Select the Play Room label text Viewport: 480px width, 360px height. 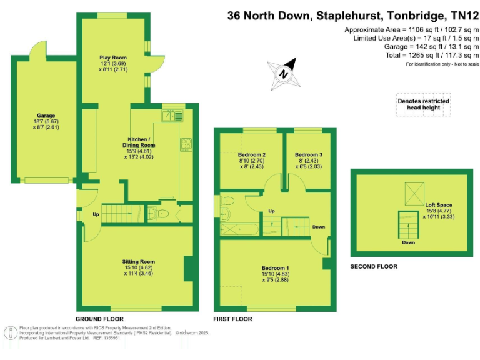point(113,56)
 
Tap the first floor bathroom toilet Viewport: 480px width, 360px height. point(228,202)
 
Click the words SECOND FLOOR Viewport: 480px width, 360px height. point(374,266)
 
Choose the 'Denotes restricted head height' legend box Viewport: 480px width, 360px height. point(423,104)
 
